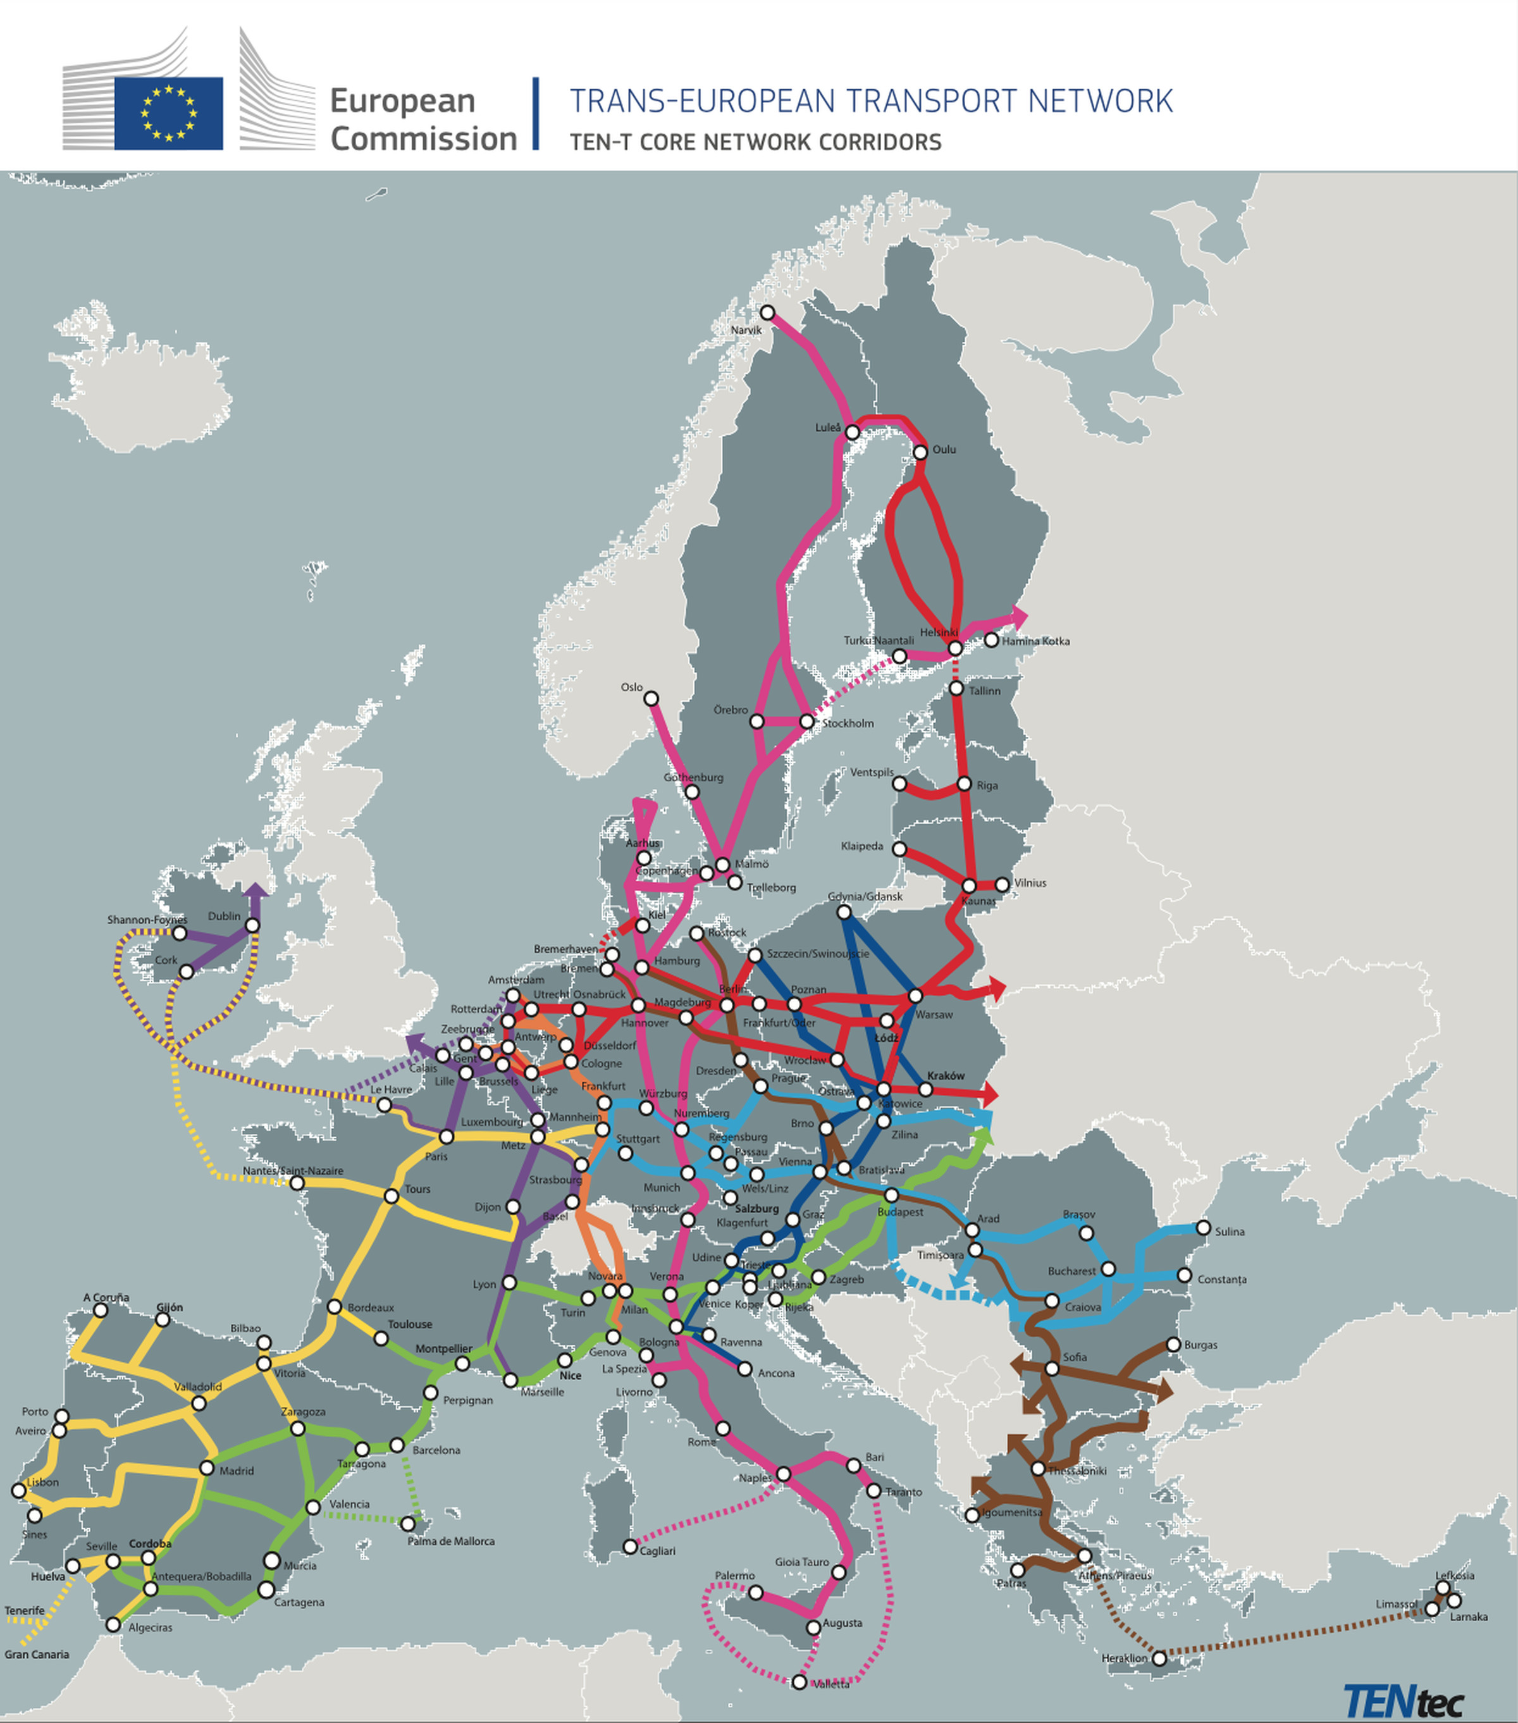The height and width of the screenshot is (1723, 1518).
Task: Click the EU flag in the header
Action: pos(169,113)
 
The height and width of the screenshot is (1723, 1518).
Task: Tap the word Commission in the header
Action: pos(423,139)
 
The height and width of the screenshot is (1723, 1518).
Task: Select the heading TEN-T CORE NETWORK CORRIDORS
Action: pos(755,142)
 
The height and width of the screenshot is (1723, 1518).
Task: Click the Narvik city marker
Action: pos(767,312)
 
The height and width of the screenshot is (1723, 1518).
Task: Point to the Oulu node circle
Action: pos(920,453)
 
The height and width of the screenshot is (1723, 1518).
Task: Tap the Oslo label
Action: pos(631,687)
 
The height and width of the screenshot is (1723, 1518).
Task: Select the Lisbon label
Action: pos(43,1482)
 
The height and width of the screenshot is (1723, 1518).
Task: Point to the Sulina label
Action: pos(1229,1232)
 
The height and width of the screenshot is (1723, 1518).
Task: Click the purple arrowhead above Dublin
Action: pos(256,890)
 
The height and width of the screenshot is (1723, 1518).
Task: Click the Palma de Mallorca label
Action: pos(451,1541)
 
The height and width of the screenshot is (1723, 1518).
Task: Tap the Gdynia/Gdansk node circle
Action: pos(844,912)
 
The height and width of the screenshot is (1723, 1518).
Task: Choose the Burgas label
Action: pos(1200,1345)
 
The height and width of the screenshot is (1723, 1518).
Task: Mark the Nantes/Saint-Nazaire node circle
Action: pos(297,1183)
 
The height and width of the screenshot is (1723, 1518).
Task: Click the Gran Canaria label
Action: pos(36,1655)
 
